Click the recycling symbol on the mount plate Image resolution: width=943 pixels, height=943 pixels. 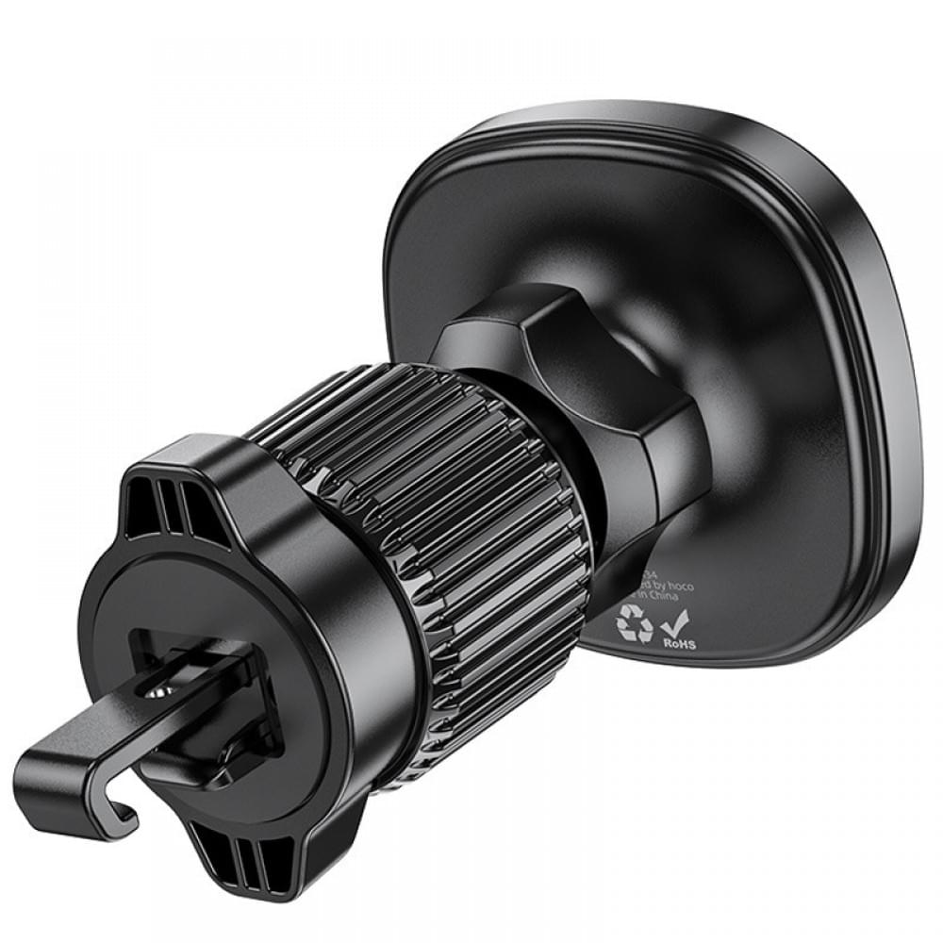634,623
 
